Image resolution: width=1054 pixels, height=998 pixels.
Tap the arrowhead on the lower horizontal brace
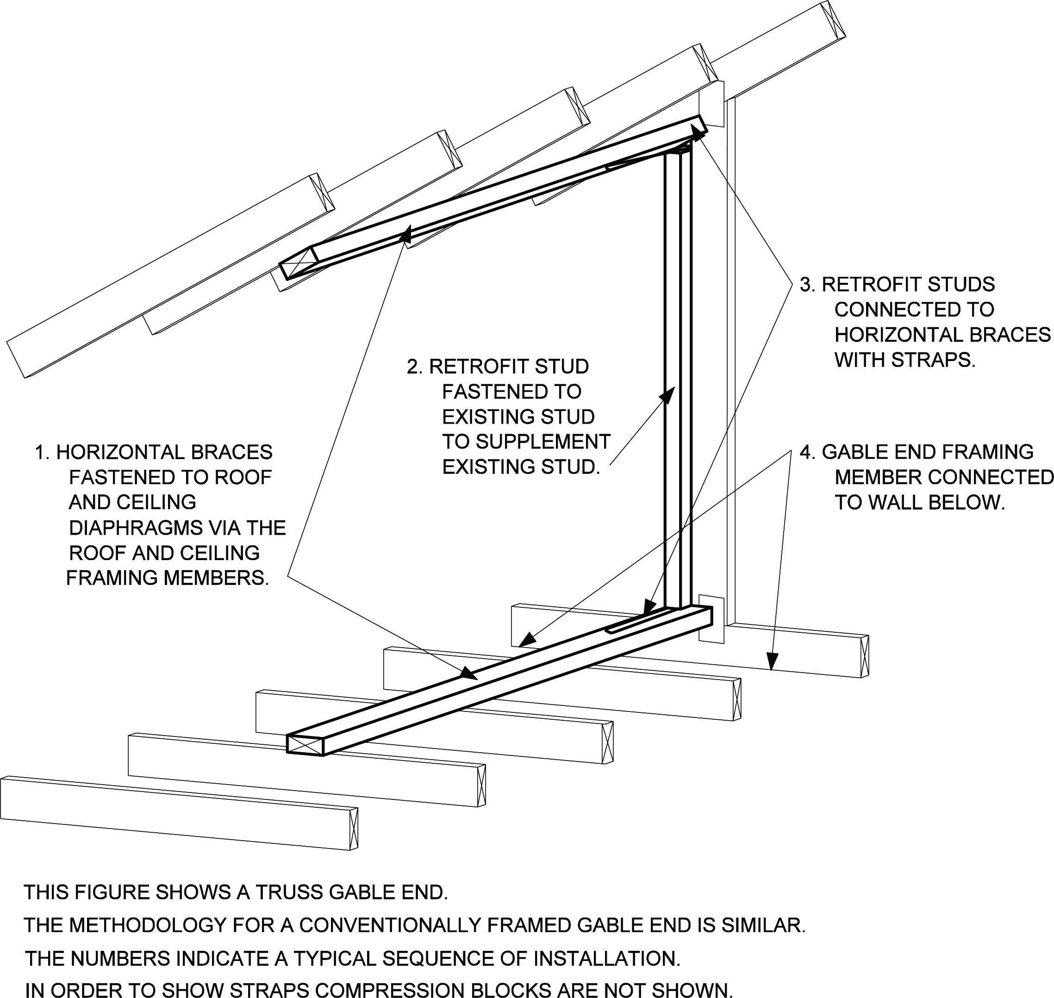coord(468,674)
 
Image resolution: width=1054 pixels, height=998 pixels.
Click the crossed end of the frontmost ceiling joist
coord(353,828)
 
